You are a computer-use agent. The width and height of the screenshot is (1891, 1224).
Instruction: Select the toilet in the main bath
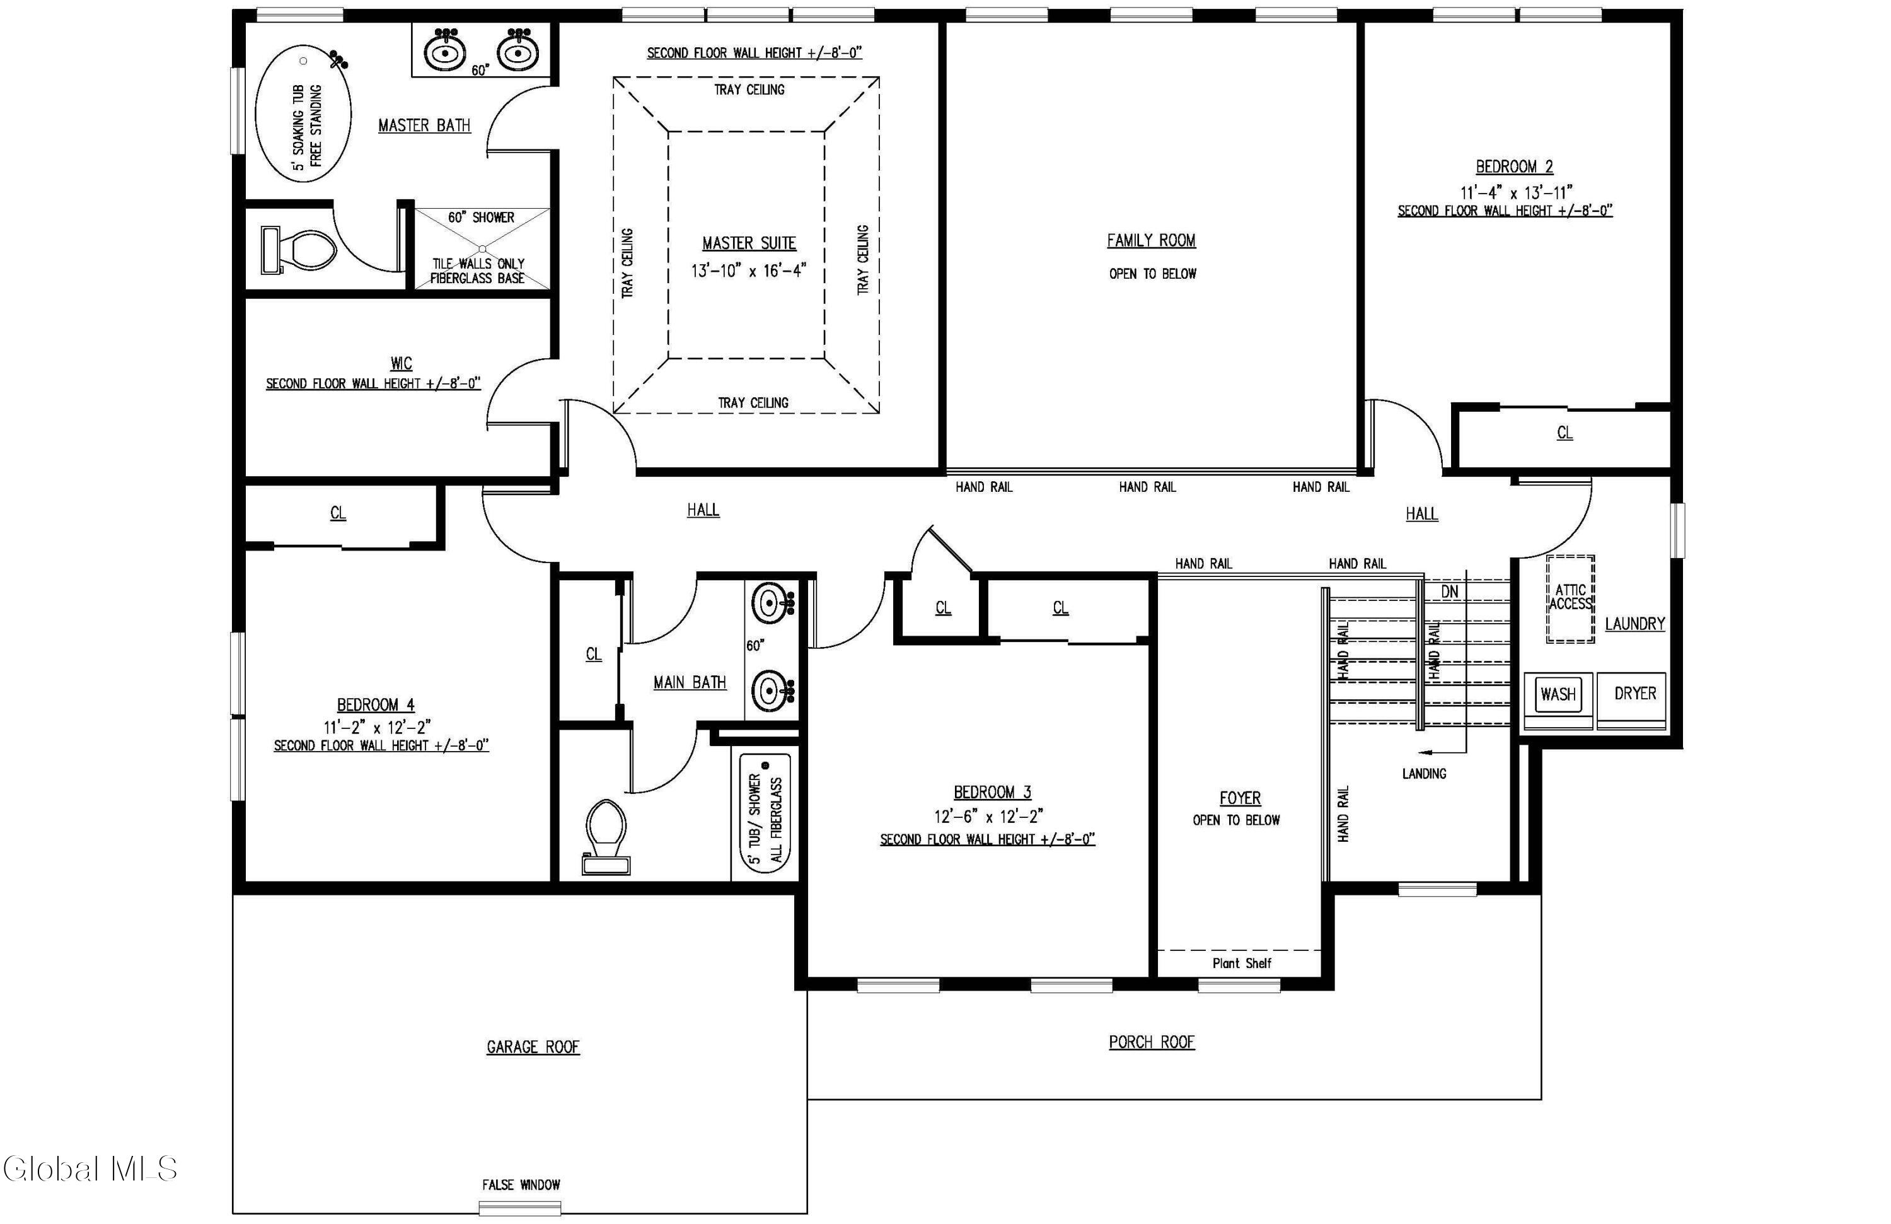[606, 837]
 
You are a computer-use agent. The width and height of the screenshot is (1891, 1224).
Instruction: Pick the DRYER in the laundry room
[1634, 694]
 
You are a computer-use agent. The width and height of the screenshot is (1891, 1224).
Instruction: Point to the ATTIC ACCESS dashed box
[1570, 598]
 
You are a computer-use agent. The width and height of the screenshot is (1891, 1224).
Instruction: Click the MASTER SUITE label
[748, 243]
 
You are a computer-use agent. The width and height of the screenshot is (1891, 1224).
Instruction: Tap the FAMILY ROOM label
[1151, 240]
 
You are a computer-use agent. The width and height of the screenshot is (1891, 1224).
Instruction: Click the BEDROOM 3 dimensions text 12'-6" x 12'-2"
[988, 816]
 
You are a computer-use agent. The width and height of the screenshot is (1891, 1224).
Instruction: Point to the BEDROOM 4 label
[375, 705]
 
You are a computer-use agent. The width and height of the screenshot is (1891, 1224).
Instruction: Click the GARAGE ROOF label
[533, 1047]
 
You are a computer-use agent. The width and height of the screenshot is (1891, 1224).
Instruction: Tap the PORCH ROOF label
[1151, 1042]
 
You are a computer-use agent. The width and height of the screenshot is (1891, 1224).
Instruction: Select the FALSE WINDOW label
[521, 1184]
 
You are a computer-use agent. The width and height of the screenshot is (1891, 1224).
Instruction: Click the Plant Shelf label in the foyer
[1241, 964]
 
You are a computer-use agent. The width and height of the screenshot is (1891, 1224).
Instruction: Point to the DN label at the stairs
[1449, 592]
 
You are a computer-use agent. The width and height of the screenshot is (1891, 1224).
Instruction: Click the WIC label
[402, 363]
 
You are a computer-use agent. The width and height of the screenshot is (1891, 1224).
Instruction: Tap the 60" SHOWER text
[481, 217]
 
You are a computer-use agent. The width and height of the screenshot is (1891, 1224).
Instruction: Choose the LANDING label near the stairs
[1424, 773]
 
